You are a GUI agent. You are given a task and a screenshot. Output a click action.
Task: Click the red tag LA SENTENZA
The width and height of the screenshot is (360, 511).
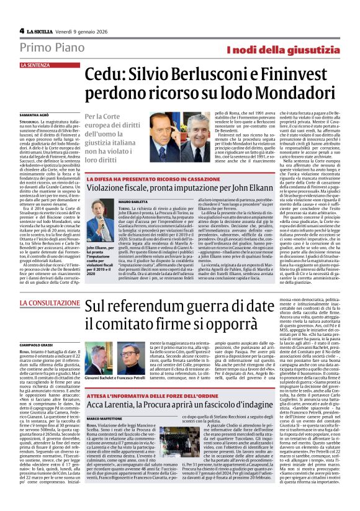pyautogui.click(x=36, y=65)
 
